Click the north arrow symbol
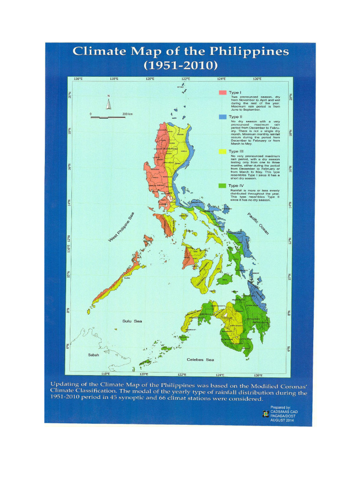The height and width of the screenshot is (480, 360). (108, 103)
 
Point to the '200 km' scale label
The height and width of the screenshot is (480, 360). (127, 114)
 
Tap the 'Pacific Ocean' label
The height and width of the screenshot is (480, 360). (258, 224)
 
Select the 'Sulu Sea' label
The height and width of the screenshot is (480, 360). (132, 322)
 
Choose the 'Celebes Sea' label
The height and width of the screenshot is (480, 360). (200, 360)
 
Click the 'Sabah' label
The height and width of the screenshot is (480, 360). (94, 355)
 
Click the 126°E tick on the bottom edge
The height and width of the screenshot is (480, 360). (258, 374)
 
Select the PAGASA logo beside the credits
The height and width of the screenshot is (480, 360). (266, 414)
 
